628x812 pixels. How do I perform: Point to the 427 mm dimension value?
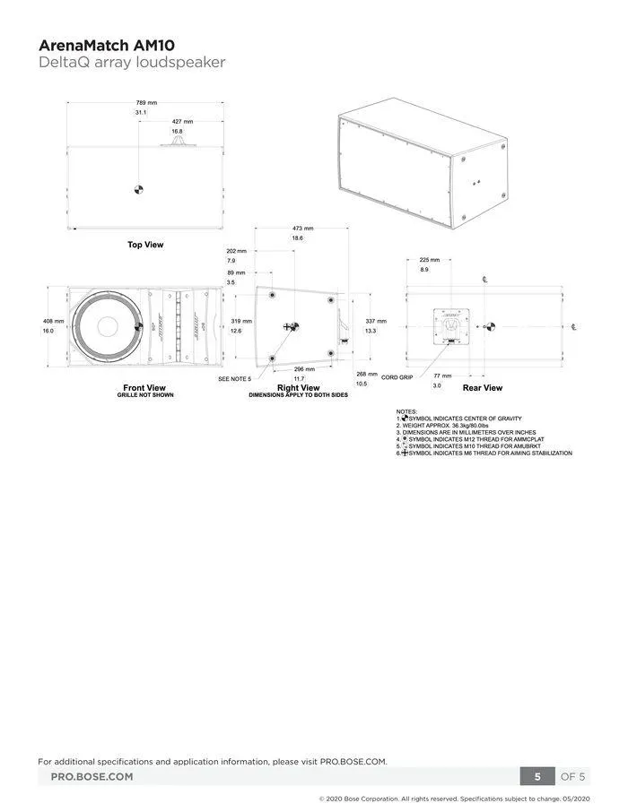click(x=182, y=121)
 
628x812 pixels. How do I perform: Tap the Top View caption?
click(x=144, y=244)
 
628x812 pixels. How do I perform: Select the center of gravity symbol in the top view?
click(x=137, y=188)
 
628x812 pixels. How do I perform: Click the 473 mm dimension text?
click(x=297, y=229)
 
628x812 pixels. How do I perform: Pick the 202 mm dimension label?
click(x=236, y=251)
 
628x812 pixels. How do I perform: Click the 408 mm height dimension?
click(x=54, y=321)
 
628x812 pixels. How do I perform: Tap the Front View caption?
click(x=144, y=388)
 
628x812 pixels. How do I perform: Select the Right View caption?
click(x=299, y=388)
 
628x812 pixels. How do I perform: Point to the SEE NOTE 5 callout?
click(x=235, y=379)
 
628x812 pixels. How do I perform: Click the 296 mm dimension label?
click(x=304, y=368)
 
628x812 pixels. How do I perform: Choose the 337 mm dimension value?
click(x=376, y=321)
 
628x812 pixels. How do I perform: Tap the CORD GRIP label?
click(x=397, y=377)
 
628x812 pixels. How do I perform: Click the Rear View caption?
click(x=482, y=388)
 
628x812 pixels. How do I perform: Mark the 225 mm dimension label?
click(x=430, y=260)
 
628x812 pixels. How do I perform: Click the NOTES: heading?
click(x=406, y=410)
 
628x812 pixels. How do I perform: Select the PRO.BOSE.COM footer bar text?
click(x=92, y=776)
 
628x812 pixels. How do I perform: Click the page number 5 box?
click(x=537, y=776)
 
